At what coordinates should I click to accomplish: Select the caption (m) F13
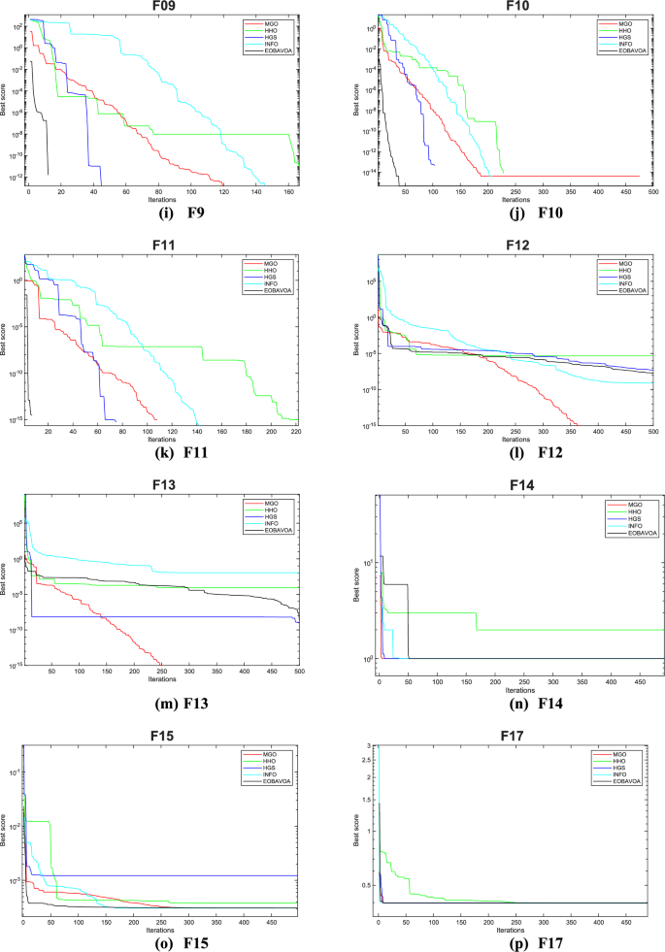[162, 702]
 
